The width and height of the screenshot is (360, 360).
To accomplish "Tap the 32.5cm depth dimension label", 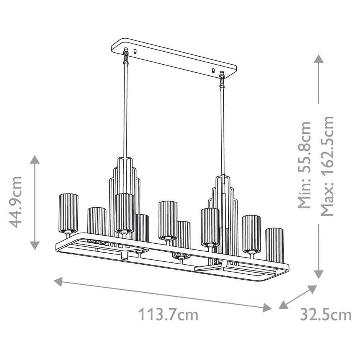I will [x=326, y=315].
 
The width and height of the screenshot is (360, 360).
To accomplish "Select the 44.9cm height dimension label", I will [x=16, y=202].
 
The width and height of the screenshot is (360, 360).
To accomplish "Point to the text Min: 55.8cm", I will [x=305, y=165].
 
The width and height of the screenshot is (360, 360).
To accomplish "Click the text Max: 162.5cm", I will [x=327, y=166].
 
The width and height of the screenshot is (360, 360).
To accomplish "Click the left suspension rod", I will [x=126, y=111].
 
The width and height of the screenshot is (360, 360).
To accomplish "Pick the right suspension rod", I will [x=222, y=130].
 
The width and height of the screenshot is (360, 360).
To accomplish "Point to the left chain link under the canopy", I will [x=126, y=55].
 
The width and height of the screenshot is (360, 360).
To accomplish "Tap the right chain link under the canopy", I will [x=222, y=80].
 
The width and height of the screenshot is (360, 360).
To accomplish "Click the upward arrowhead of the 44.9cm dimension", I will [x=35, y=160].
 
